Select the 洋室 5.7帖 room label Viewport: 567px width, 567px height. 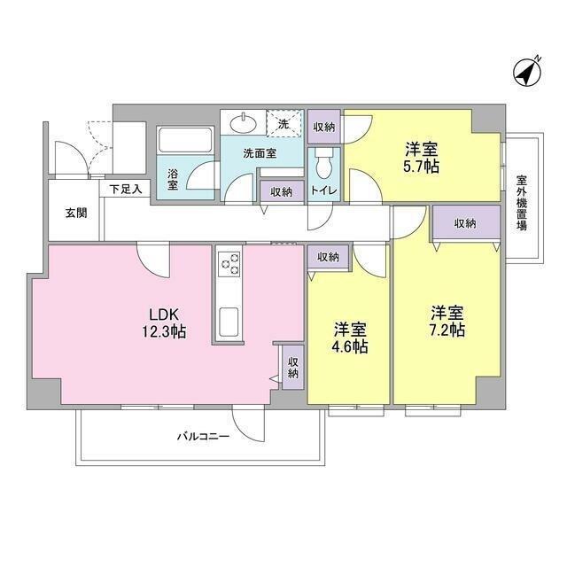coord(422,158)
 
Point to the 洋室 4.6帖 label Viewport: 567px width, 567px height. coord(350,338)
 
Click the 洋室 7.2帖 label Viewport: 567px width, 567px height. coord(447,321)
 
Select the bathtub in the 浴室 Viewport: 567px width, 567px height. coord(185,142)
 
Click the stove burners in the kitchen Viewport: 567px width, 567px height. coord(230,263)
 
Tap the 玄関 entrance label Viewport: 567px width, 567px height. coord(75,213)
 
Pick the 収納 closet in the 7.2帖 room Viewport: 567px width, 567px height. coord(465,224)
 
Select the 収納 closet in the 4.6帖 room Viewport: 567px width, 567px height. coord(327,257)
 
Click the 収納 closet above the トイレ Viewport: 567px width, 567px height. coord(323,127)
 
